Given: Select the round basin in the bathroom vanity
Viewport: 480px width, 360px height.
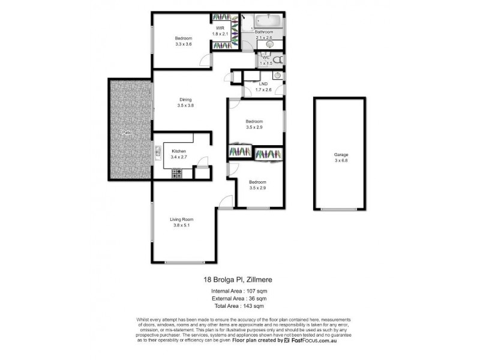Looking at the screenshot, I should coord(270,44).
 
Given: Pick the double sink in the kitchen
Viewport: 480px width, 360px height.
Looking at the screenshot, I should coord(158,151).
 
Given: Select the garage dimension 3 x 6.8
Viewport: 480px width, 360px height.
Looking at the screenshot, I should coord(341,160).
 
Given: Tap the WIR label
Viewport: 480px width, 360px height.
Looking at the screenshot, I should coord(220,28).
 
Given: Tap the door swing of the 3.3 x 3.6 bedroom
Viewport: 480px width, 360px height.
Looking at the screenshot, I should coord(205,60).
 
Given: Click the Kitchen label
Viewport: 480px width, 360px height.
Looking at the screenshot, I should coord(179,151).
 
